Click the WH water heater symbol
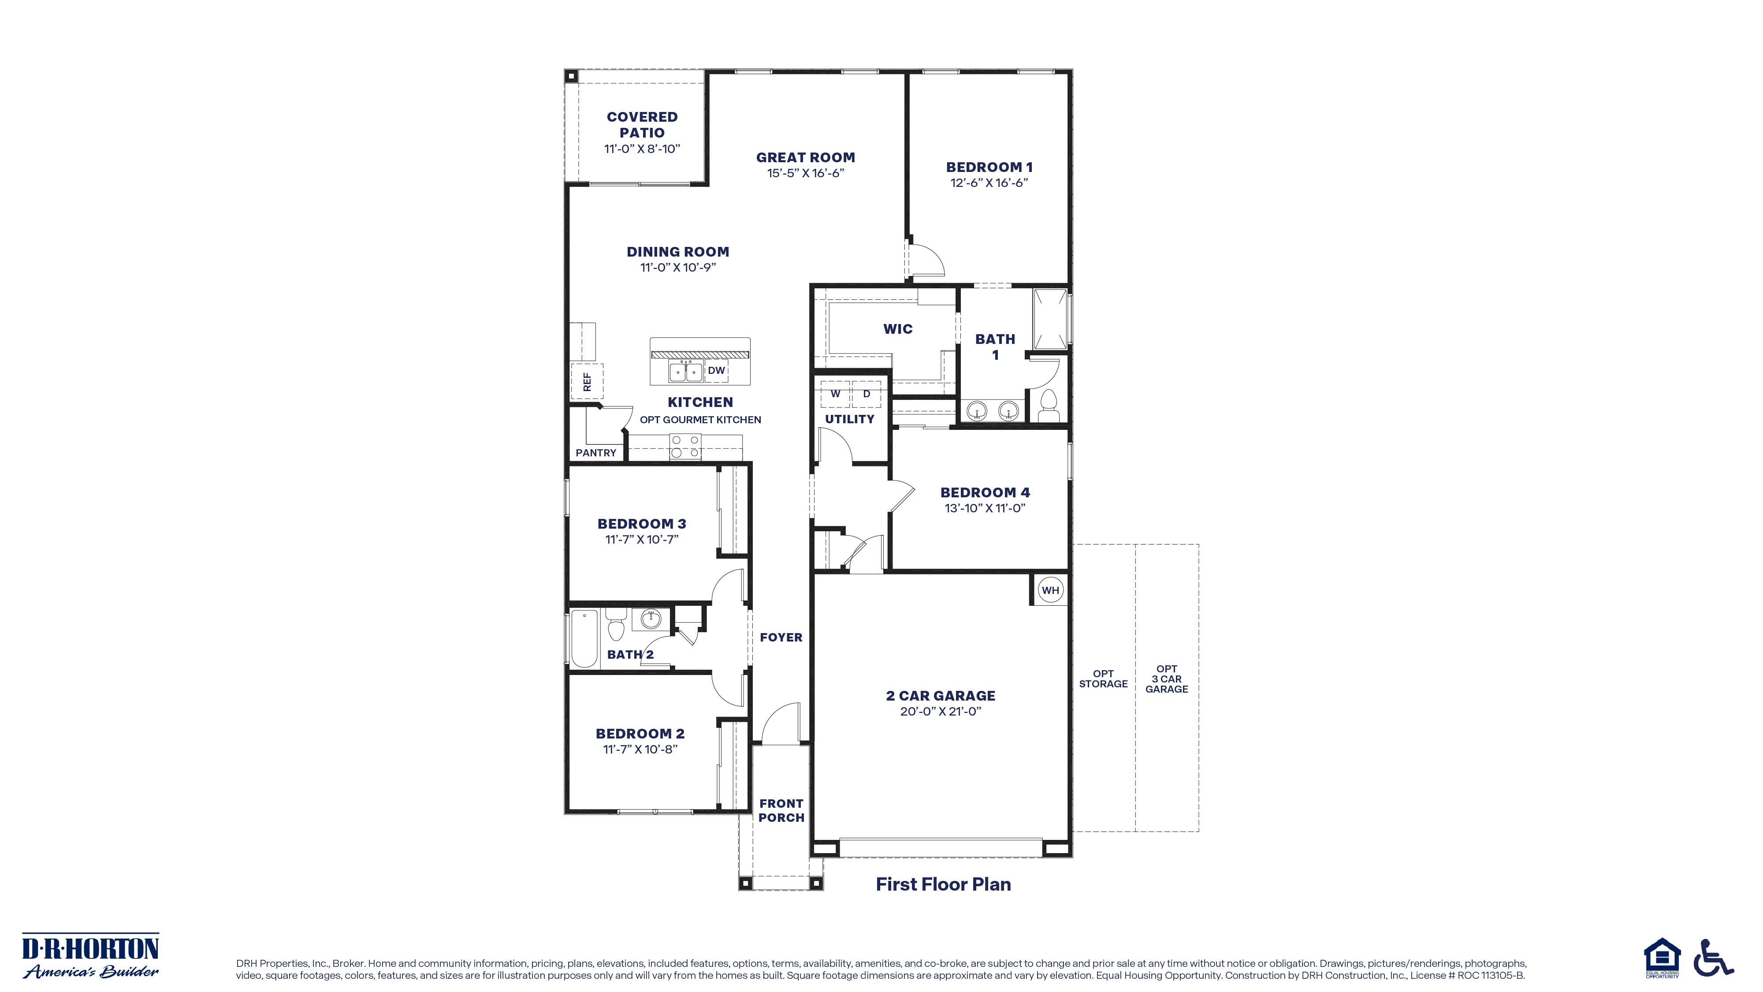pyautogui.click(x=1051, y=590)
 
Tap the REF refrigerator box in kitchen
pyautogui.click(x=587, y=382)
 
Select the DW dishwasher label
pyautogui.click(x=716, y=370)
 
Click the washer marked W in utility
pyautogui.click(x=835, y=394)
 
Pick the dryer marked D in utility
pyautogui.click(x=867, y=394)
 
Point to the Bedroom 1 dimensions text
pyautogui.click(x=989, y=183)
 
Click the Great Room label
pyautogui.click(x=806, y=157)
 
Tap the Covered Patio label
pyautogui.click(x=642, y=125)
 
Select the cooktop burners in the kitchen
pyautogui.click(x=685, y=446)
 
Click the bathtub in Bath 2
pyautogui.click(x=584, y=638)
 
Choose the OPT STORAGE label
pyautogui.click(x=1103, y=679)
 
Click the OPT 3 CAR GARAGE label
pyautogui.click(x=1167, y=679)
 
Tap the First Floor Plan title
pyautogui.click(x=943, y=884)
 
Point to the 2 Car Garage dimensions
pyautogui.click(x=941, y=711)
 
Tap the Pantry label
pyautogui.click(x=595, y=452)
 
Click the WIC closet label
pyautogui.click(x=898, y=329)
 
